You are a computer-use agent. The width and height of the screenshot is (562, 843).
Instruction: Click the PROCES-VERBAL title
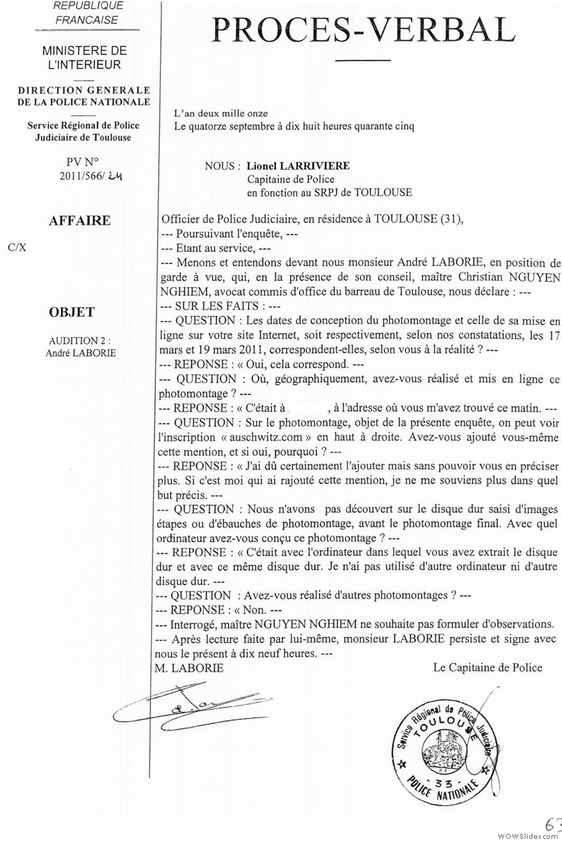tap(363, 30)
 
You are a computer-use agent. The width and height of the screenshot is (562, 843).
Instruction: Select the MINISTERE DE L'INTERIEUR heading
tap(84, 58)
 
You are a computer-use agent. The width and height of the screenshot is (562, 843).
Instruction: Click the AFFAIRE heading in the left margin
tap(79, 221)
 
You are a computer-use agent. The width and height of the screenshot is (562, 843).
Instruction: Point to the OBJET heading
tap(72, 312)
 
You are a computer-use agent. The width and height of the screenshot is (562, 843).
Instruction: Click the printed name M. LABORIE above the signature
tap(188, 668)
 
